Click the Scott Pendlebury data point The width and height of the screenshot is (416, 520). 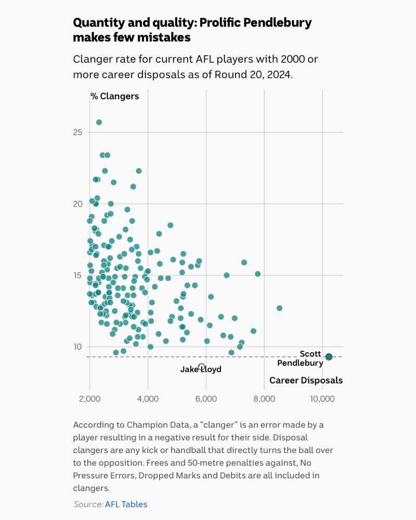point(329,357)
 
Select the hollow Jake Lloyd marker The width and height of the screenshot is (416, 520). point(201,367)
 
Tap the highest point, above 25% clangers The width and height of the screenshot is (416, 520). point(99,122)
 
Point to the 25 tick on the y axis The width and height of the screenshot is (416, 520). point(77,132)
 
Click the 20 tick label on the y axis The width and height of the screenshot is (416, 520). point(77,204)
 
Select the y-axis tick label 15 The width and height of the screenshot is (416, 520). point(77,275)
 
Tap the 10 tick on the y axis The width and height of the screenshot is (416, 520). point(77,347)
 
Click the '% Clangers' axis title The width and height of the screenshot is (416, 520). point(114,96)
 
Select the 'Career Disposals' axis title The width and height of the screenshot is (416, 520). point(306,381)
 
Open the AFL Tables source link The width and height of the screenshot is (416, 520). point(126,504)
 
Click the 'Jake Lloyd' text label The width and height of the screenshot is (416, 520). point(201,370)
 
